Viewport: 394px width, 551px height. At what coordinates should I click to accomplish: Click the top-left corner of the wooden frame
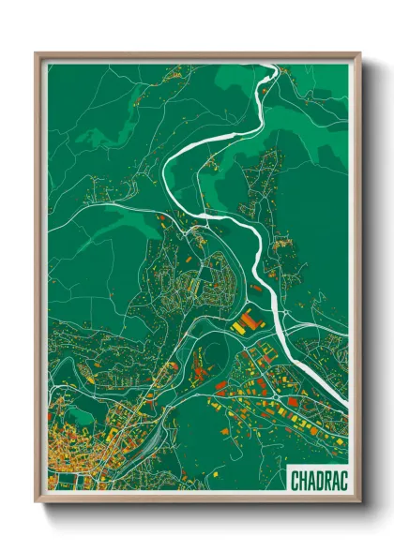pos(36,53)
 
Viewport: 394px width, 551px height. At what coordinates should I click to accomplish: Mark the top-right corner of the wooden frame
pos(360,53)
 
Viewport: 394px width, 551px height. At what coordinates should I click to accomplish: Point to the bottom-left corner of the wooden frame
pos(36,503)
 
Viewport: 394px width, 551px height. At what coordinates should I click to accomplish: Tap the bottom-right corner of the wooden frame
pos(360,503)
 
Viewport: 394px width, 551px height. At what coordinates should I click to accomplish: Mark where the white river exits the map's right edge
pos(348,404)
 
